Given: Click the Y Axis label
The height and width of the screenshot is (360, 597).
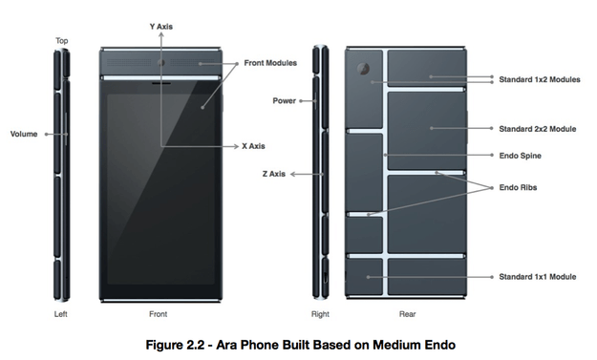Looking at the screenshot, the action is (161, 27).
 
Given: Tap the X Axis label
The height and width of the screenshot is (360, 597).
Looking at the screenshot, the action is (253, 146).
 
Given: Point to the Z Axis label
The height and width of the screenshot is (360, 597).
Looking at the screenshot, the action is (274, 174).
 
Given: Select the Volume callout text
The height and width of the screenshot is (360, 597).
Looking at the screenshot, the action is (24, 134).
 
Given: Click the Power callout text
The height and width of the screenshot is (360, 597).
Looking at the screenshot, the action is (285, 101).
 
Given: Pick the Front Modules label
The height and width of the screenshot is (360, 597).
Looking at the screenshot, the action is (270, 63).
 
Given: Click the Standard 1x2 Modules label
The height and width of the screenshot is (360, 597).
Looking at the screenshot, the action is (540, 79).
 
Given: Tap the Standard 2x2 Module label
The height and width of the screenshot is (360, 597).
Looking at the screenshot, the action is (538, 129).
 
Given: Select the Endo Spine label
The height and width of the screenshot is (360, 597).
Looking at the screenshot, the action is (520, 156).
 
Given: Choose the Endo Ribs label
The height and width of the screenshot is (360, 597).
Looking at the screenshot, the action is (518, 187).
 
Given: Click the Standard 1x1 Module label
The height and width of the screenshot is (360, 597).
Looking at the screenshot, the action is (538, 277).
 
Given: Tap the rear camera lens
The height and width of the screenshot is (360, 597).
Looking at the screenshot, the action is (363, 69).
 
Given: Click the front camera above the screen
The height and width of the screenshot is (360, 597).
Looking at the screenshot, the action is (161, 63).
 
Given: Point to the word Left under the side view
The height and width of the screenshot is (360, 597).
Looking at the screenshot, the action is (60, 314).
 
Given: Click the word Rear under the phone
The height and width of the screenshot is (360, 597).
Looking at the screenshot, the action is (407, 314).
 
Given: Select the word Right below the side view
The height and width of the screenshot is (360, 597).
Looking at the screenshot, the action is (320, 314).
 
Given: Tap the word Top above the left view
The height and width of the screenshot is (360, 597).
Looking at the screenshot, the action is (62, 41).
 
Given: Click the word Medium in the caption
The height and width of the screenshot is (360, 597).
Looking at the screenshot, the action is (395, 345).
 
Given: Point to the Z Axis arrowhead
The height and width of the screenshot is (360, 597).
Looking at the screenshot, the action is (293, 174).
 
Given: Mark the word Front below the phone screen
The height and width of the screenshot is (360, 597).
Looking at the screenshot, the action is (158, 314).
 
